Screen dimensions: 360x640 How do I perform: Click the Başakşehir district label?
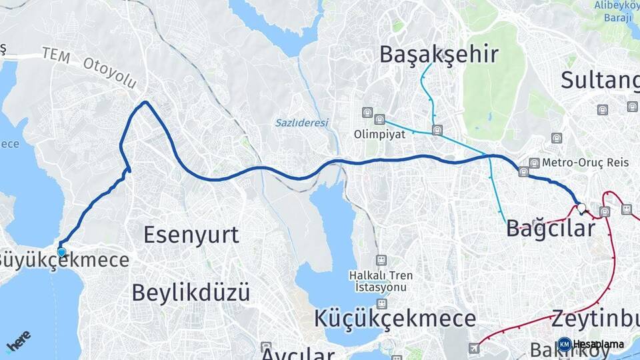[439, 55]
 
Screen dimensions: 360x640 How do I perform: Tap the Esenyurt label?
[191, 235]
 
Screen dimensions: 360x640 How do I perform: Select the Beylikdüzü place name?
[191, 292]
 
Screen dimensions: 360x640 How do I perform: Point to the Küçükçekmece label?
[395, 318]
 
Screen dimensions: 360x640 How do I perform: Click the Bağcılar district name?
[550, 229]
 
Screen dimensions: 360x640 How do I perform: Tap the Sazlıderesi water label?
[302, 123]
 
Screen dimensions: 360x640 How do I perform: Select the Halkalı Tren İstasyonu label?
[381, 281]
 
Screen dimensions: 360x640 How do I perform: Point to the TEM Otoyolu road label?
[90, 67]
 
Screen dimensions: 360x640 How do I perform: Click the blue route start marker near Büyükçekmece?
[61, 251]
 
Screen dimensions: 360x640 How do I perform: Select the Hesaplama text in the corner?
[599, 344]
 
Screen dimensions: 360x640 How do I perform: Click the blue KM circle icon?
[564, 344]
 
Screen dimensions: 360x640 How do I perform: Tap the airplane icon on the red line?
[473, 347]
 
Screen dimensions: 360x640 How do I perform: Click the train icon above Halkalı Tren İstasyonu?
[381, 260]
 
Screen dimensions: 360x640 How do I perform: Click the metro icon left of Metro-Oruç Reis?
[534, 163]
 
